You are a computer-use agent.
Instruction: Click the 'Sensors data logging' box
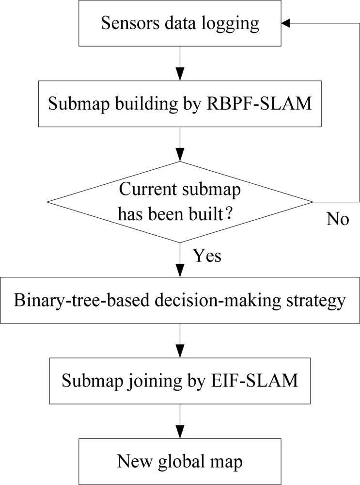coord(180,24)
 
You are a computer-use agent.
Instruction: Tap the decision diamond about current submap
coord(180,202)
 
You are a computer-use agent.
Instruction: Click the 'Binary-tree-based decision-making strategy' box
coord(180,300)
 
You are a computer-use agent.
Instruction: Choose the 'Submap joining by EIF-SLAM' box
coord(180,381)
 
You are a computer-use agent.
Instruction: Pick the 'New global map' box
coord(180,461)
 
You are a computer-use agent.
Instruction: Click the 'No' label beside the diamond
coord(338,219)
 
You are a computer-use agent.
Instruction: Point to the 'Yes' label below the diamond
coord(207,255)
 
